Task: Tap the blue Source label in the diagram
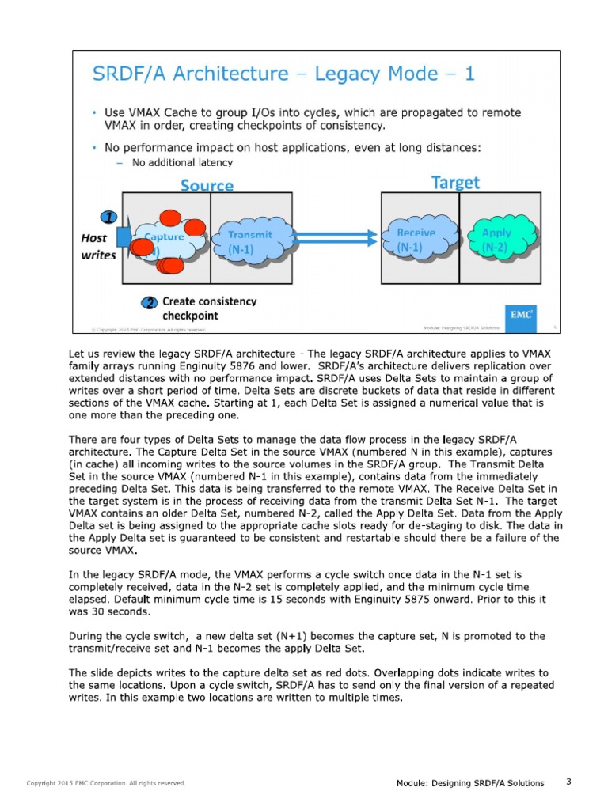(x=207, y=185)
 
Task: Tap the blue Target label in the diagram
(x=455, y=183)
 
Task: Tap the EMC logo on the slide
(x=521, y=313)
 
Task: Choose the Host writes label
(x=99, y=246)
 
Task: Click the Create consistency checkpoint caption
(x=208, y=308)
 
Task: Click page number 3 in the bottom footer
(x=568, y=782)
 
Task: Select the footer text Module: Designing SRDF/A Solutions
(x=470, y=783)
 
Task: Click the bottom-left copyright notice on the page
(x=106, y=783)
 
